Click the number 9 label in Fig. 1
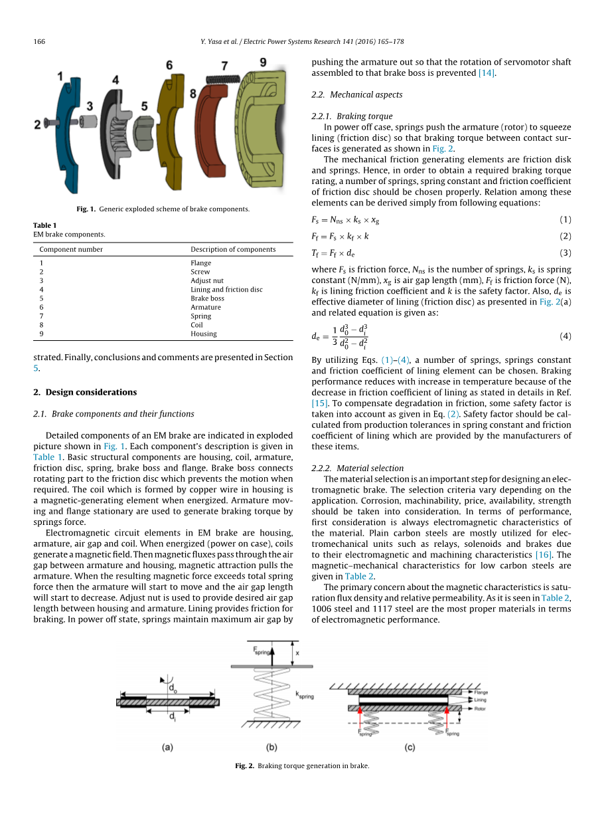click(x=263, y=62)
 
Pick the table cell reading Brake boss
click(x=205, y=298)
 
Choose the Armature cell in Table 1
click(x=206, y=307)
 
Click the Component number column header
click(x=71, y=249)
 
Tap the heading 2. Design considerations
click(x=85, y=392)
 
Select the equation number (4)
click(x=565, y=336)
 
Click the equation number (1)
click(x=565, y=220)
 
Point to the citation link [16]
click(x=544, y=555)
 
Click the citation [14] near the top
click(x=486, y=73)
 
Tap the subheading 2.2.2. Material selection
click(x=357, y=468)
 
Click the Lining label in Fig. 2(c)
click(x=481, y=700)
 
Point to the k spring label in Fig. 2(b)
click(x=305, y=695)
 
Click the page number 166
click(x=39, y=41)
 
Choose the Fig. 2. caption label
click(x=245, y=766)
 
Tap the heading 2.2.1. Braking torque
click(x=352, y=116)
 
